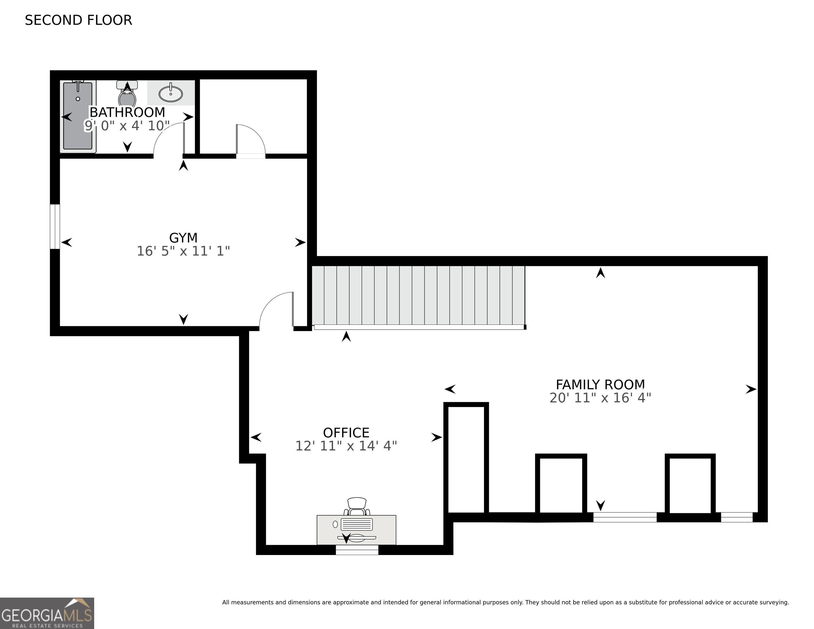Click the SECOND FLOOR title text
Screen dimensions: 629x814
pos(78,20)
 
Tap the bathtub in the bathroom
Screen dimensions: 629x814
pos(78,116)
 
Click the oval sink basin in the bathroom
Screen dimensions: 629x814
pos(171,94)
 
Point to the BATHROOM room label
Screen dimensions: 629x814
pos(127,112)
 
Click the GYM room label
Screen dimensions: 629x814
pos(183,238)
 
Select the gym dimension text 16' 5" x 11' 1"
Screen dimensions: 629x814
pos(183,251)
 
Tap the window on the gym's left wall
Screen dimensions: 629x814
pos(55,226)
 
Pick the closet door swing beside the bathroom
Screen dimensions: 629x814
pos(251,139)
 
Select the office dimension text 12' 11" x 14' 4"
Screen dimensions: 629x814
pos(346,446)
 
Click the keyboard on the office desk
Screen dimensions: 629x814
pos(357,524)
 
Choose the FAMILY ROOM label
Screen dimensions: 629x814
pos(600,384)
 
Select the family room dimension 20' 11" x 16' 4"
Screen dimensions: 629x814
pos(600,398)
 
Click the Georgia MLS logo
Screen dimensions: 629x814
pos(47,613)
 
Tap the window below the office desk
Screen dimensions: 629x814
pos(357,550)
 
